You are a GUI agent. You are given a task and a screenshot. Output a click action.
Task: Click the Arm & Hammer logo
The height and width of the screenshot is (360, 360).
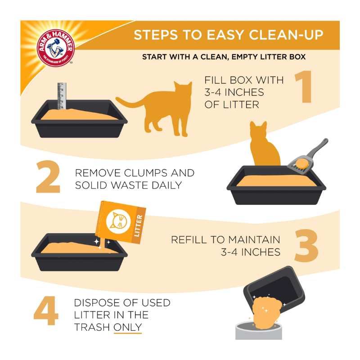(x=55, y=48)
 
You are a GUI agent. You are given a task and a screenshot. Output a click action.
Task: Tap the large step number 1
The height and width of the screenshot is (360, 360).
(x=303, y=86)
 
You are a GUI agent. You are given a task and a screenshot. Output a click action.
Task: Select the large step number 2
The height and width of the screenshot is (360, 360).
(x=48, y=176)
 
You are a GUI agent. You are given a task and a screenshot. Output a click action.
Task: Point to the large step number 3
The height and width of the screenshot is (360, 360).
(x=306, y=245)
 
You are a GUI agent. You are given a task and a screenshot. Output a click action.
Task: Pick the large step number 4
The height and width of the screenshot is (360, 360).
(x=46, y=310)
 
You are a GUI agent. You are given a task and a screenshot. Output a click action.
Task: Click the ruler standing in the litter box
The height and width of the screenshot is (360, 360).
(x=62, y=96)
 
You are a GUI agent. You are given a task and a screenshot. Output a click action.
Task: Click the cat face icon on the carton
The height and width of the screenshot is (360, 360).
(x=118, y=222)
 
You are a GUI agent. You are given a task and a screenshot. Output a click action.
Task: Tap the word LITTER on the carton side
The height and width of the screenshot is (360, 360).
(x=138, y=226)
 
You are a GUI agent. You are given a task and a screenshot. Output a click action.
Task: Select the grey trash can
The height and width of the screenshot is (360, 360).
(x=259, y=331)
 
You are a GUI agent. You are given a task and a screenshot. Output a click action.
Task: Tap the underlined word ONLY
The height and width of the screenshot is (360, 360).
(x=128, y=327)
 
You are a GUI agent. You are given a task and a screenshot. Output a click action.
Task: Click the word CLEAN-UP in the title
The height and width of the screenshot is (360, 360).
(x=286, y=35)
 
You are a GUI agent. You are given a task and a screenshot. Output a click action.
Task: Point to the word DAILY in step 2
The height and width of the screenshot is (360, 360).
(x=166, y=185)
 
